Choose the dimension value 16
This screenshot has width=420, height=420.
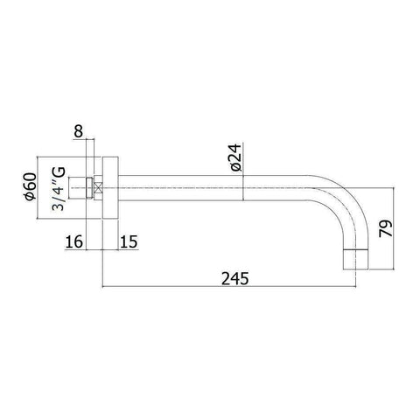[x=74, y=240]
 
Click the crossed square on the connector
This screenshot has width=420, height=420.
[x=98, y=185]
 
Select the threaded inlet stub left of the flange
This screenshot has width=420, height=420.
[x=87, y=185]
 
